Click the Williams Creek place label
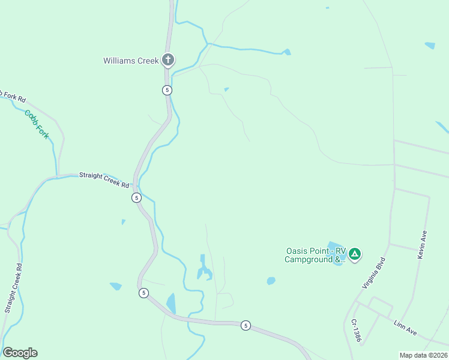click(x=131, y=61)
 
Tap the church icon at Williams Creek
click(x=169, y=60)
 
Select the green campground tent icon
click(x=355, y=254)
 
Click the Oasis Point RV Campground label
click(x=315, y=256)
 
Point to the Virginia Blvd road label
click(x=373, y=273)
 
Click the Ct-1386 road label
click(x=356, y=330)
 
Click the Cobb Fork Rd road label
click(x=12, y=96)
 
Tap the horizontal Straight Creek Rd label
click(x=104, y=179)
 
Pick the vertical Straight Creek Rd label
click(x=14, y=288)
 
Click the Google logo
click(x=20, y=353)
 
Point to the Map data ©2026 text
click(x=423, y=355)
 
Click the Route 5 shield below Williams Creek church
click(x=167, y=90)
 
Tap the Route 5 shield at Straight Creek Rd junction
click(x=137, y=197)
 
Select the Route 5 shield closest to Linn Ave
click(x=246, y=325)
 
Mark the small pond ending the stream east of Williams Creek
click(x=287, y=52)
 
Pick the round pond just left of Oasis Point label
click(x=271, y=280)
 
